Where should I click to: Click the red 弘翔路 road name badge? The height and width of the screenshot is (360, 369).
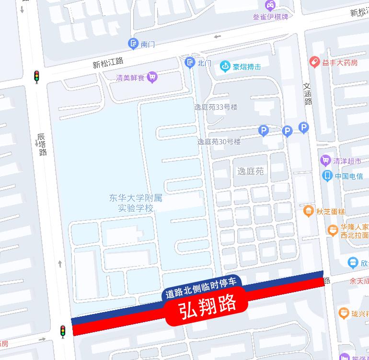click(208, 305)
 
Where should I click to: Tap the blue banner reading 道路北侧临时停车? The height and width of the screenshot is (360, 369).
click(201, 287)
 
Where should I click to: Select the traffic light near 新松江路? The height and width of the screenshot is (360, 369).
click(36, 76)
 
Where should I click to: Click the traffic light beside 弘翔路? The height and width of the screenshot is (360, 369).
click(63, 331)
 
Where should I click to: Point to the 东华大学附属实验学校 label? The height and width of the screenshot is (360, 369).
click(135, 202)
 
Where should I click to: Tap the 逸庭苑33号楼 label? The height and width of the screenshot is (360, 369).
click(216, 107)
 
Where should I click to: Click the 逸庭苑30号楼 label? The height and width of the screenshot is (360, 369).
click(219, 142)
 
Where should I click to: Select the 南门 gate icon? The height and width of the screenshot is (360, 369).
click(133, 44)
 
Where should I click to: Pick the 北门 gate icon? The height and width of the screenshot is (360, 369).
click(190, 62)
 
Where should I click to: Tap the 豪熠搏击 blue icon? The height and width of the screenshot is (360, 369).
click(225, 67)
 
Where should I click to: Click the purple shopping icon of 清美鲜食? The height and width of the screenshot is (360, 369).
click(152, 77)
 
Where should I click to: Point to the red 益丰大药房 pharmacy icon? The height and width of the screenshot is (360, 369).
click(314, 62)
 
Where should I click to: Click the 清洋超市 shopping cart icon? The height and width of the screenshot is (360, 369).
click(326, 161)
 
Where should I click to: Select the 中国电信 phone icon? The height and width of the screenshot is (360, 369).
click(327, 176)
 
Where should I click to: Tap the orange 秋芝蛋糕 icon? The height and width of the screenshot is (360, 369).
click(308, 211)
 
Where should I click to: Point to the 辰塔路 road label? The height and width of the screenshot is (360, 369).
click(42, 145)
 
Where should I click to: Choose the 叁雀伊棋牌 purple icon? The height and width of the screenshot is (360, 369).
click(270, 6)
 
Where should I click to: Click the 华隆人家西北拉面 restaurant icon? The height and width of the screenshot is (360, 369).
click(333, 231)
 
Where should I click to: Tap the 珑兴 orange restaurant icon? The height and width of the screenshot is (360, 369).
click(343, 314)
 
